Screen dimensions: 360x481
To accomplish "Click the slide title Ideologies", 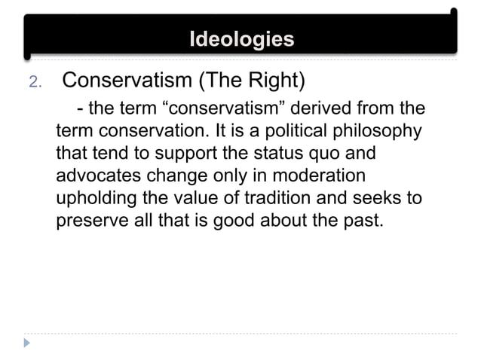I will [x=241, y=39].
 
